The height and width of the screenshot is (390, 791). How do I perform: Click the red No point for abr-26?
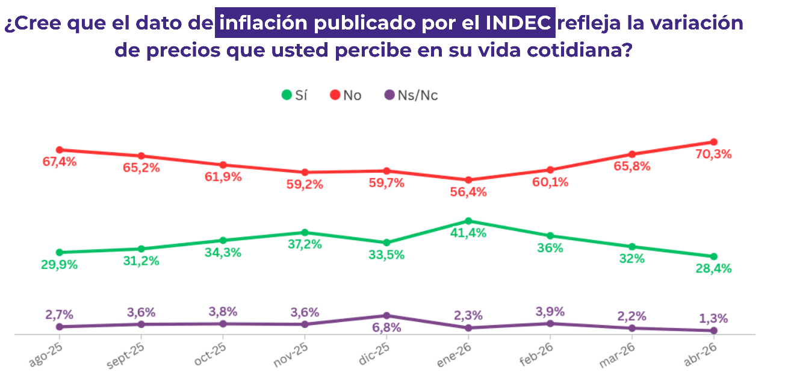(713, 142)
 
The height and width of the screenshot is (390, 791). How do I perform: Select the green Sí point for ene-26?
(468, 221)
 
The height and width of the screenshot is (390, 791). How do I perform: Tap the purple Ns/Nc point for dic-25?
(386, 315)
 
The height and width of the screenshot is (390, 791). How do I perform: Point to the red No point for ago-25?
(60, 150)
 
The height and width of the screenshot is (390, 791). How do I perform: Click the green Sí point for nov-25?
(305, 232)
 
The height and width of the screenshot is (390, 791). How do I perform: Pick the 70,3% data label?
(713, 155)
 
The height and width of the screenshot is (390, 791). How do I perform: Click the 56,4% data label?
(468, 193)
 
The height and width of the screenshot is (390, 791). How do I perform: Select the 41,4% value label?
(468, 234)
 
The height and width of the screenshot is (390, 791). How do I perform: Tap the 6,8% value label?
(386, 328)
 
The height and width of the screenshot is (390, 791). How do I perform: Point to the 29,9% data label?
(60, 265)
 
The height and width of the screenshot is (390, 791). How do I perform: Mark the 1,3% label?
(713, 318)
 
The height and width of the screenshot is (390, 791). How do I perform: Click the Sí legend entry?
(294, 95)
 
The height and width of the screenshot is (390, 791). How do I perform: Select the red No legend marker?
(335, 95)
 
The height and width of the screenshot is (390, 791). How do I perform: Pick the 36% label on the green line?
(550, 248)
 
